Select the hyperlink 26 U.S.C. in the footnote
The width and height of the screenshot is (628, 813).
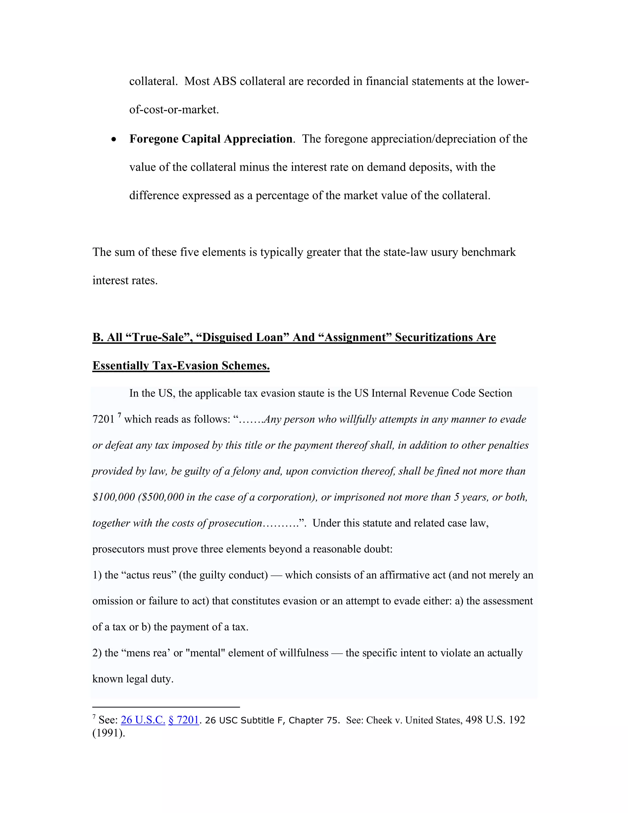click(x=143, y=720)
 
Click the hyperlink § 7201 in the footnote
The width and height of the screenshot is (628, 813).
click(x=184, y=720)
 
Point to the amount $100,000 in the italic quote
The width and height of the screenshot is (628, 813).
click(x=113, y=497)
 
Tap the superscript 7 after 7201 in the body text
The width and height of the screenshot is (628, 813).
click(x=119, y=415)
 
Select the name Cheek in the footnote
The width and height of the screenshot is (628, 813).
click(x=379, y=720)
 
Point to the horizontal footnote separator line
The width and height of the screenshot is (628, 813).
click(x=166, y=707)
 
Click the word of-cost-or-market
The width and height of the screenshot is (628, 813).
click(x=174, y=110)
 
